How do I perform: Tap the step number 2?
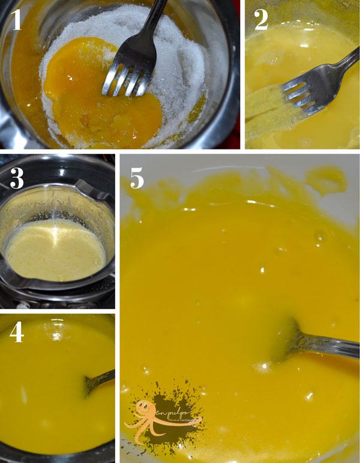[x=261, y=21]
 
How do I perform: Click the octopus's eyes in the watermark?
[x=144, y=407]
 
